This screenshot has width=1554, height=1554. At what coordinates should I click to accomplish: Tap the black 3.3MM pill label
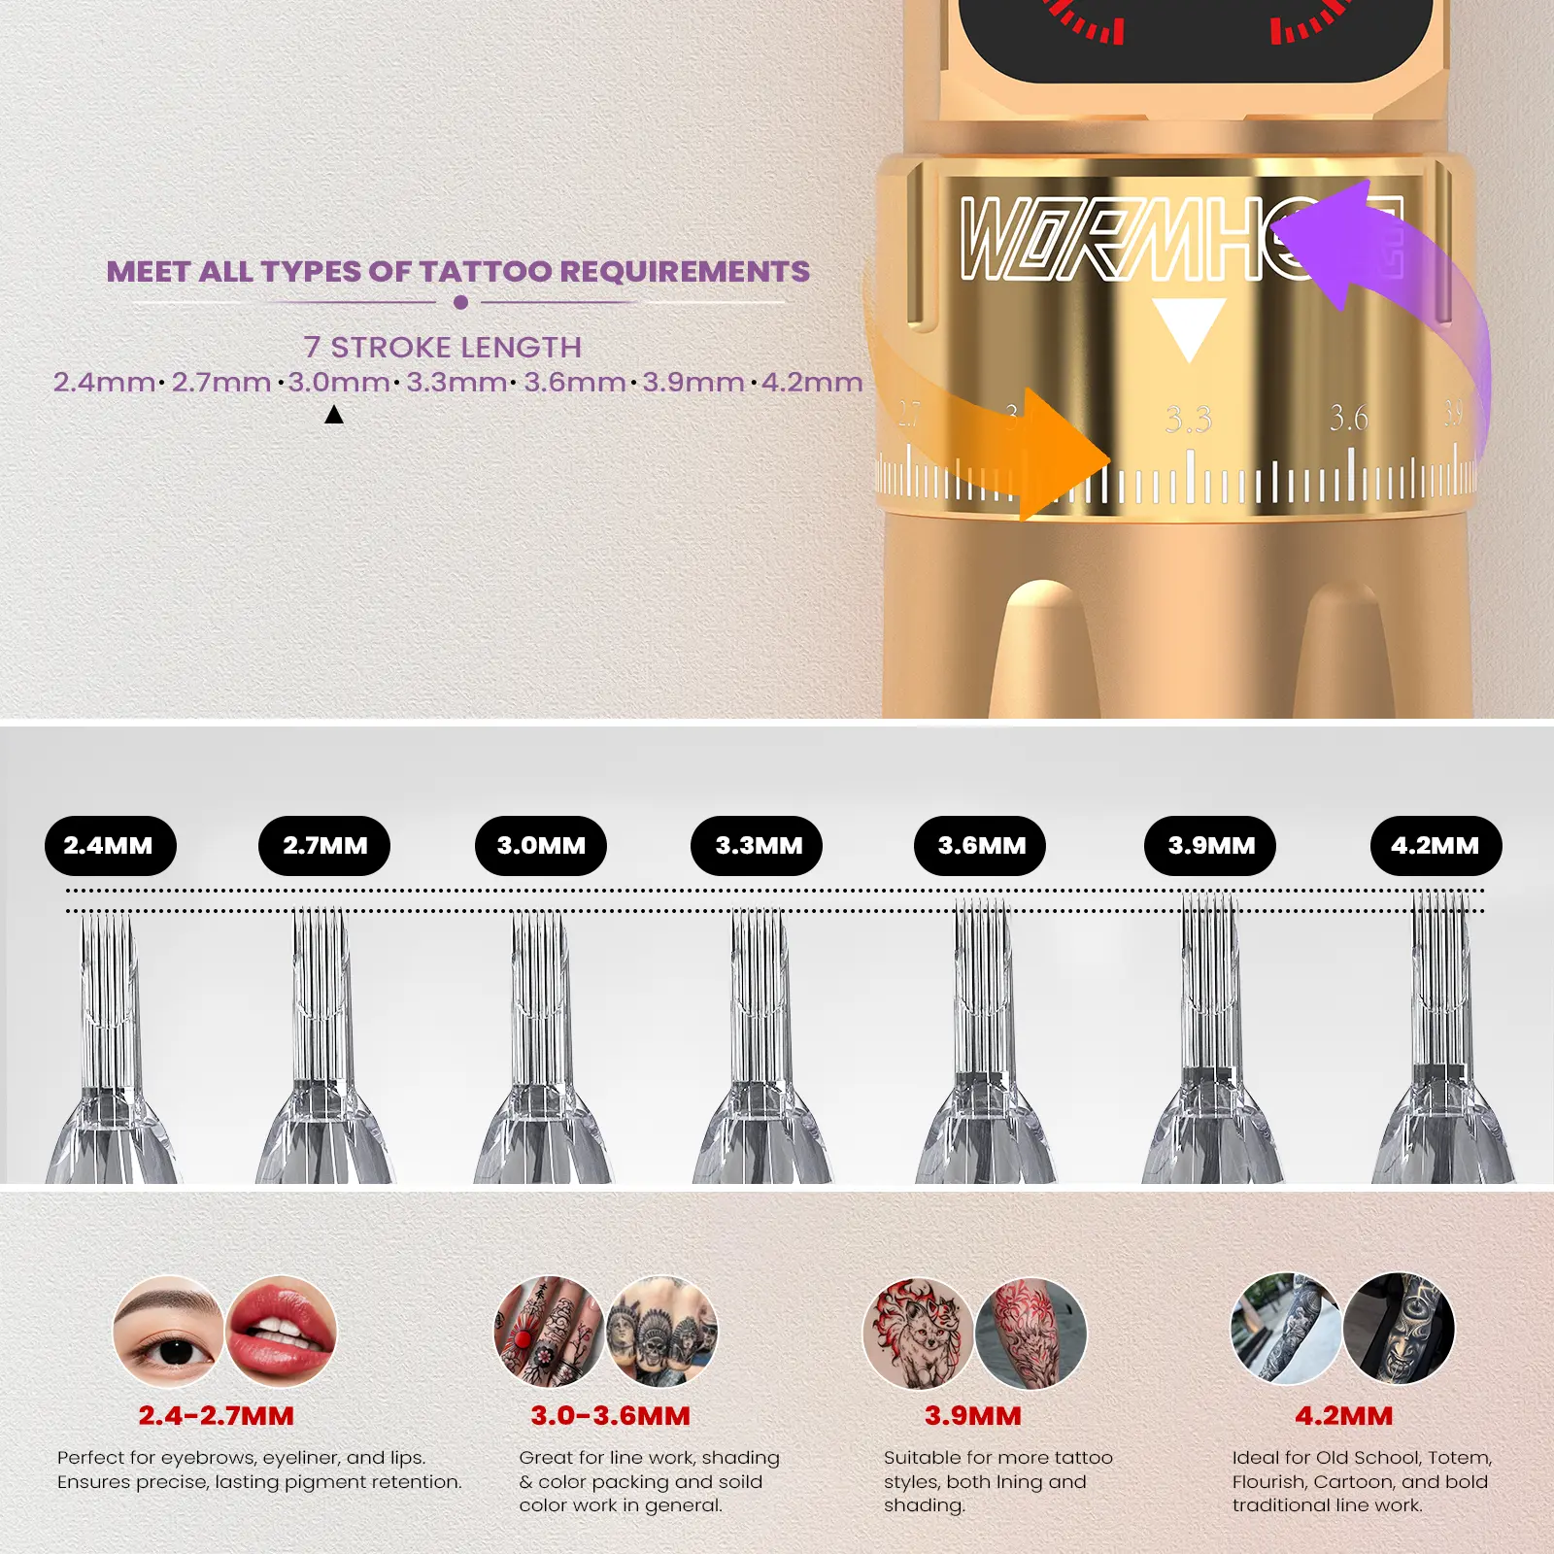pos(757,846)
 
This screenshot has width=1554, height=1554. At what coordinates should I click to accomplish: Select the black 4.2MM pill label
pos(1436,846)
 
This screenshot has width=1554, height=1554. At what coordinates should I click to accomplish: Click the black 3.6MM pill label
pos(980,846)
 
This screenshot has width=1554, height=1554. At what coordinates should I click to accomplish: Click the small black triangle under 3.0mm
pos(334,415)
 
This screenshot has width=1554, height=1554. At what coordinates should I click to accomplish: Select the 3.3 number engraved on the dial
pos(1189,420)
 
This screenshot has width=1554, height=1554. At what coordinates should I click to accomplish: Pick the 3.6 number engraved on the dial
pos(1349,418)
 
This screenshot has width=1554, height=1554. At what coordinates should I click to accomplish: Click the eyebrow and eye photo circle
pos(168,1331)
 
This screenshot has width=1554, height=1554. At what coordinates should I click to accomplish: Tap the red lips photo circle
pos(282,1331)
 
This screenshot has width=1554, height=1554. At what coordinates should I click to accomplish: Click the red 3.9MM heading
pos(973,1416)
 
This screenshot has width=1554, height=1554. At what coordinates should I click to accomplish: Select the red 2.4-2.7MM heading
pos(216,1416)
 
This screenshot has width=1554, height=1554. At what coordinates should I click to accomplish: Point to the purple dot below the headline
pos(461,302)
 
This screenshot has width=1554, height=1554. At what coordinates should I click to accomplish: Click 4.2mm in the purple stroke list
pos(812,382)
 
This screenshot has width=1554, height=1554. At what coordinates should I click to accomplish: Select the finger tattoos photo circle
pos(550,1331)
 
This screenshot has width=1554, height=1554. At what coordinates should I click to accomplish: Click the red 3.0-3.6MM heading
pos(610,1416)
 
